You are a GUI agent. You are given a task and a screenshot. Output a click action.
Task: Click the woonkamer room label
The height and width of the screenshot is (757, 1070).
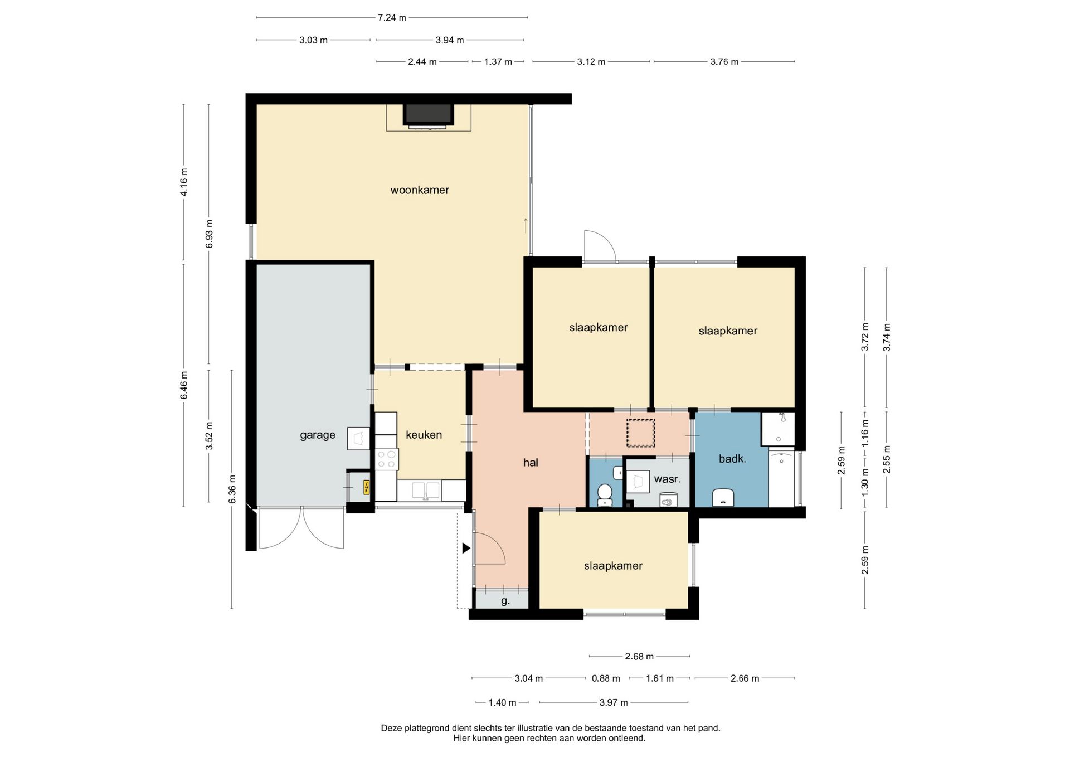420,190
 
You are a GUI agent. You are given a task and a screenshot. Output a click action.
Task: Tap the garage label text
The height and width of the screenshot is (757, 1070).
318,435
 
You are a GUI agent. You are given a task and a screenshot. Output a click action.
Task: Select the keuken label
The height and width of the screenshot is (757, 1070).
424,435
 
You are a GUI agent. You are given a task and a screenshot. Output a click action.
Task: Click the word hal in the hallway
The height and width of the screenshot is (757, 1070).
531,462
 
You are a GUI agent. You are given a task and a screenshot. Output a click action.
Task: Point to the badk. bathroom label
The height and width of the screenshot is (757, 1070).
732,459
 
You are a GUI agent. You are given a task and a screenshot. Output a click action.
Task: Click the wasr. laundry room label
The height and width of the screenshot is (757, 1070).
667,479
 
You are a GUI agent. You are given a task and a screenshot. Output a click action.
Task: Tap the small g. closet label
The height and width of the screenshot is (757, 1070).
505,601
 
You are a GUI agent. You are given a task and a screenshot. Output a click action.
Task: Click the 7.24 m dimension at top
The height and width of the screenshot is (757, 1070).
392,18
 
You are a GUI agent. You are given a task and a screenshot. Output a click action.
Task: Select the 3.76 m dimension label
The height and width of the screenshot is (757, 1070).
724,62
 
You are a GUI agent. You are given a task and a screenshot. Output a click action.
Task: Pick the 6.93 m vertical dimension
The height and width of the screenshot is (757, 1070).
209,234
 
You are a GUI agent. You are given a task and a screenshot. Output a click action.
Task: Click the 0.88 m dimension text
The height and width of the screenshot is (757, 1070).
606,678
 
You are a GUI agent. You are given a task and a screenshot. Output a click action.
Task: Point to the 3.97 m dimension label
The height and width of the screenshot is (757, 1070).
614,702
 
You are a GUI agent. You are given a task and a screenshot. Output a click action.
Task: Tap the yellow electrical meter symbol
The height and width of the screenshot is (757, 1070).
366,487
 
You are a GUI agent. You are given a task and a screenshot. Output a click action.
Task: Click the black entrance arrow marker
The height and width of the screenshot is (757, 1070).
466,549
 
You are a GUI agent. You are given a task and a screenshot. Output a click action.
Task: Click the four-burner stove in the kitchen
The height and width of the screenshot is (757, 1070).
386,459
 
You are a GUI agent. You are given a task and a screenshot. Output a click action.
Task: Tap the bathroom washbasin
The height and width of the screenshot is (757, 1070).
723,498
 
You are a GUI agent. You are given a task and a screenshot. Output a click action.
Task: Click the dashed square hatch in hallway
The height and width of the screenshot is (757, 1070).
640,433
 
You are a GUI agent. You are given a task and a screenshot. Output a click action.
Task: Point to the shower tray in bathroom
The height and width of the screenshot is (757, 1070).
778,428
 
